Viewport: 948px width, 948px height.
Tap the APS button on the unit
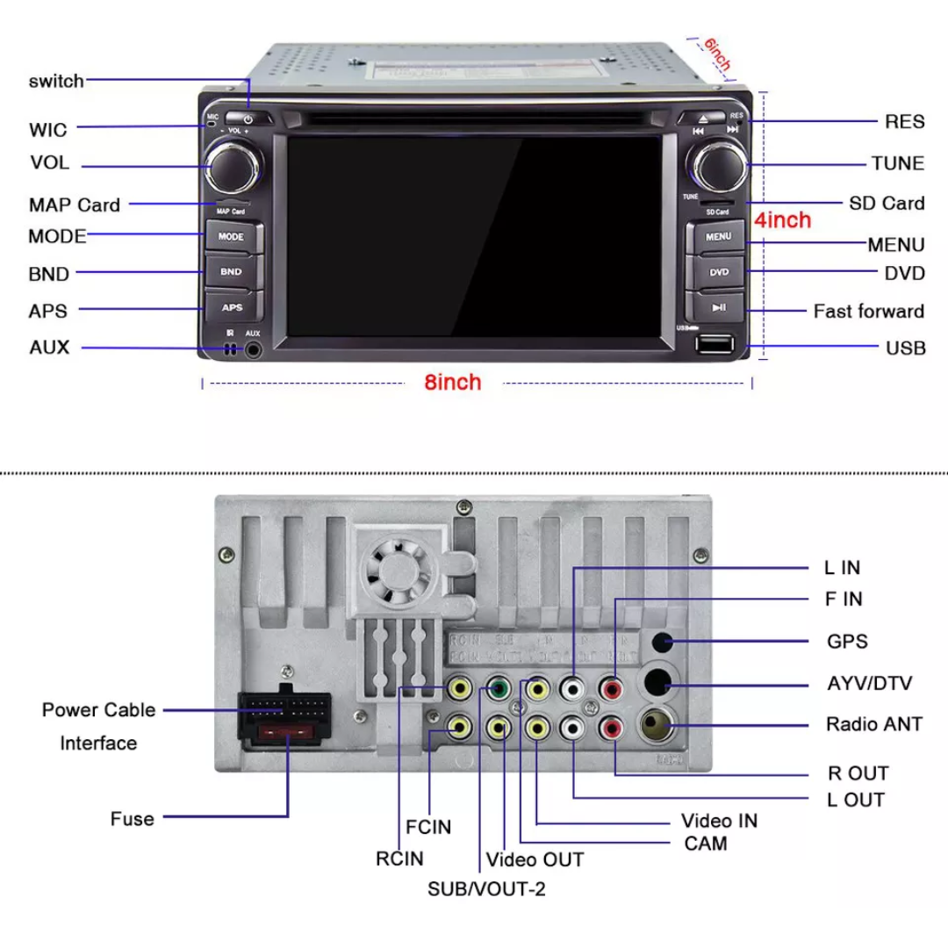coord(233,307)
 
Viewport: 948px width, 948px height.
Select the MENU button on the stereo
coord(718,236)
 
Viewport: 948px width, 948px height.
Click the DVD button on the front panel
coord(718,272)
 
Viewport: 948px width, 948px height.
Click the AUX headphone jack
coord(254,349)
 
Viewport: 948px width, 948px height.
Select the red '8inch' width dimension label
coord(453,383)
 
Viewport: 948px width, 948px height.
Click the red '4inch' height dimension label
coord(783,220)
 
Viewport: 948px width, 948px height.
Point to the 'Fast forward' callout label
coord(868,311)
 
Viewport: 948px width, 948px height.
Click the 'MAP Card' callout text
coord(75,205)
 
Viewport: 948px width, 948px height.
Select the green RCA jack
coord(499,689)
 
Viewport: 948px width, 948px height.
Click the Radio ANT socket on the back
coord(660,724)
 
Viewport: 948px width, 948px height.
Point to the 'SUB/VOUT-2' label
coord(486,888)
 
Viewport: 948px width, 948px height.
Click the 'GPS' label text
coord(847,642)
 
